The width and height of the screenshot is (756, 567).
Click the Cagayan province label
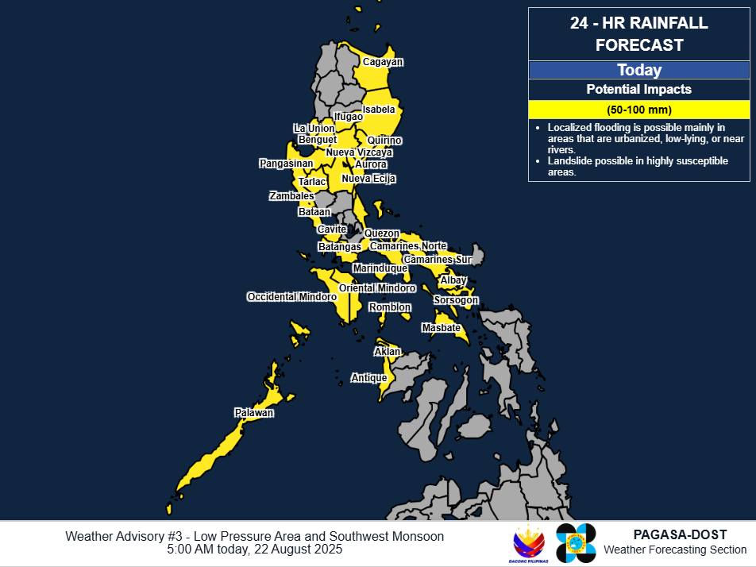(383, 62)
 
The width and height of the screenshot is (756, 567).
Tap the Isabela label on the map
(379, 110)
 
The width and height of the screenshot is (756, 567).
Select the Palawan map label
(254, 413)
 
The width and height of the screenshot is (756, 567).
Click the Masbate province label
(441, 328)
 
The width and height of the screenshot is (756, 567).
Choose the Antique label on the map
(369, 379)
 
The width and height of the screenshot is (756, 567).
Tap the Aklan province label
(388, 352)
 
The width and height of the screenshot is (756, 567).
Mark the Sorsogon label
(456, 300)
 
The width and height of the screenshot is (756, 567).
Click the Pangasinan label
(286, 164)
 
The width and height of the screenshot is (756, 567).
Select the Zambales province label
(291, 196)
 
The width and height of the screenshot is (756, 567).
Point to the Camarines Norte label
(408, 246)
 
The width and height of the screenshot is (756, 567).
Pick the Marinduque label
(380, 268)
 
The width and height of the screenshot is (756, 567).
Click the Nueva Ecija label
(368, 179)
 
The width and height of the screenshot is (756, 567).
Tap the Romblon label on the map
(390, 307)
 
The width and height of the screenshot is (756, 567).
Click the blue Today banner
(639, 70)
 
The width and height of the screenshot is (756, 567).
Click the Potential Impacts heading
(639, 90)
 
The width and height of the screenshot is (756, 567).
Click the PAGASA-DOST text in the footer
(681, 535)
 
